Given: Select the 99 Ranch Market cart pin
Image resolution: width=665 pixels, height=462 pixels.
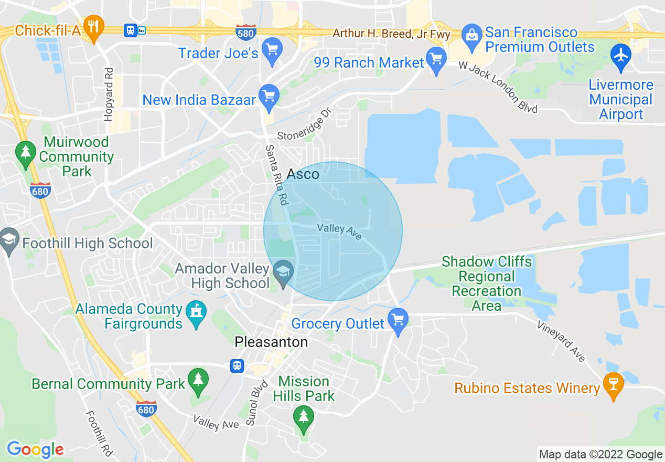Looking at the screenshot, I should tap(436, 60).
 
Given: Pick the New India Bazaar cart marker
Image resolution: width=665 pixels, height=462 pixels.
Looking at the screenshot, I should tap(270, 96).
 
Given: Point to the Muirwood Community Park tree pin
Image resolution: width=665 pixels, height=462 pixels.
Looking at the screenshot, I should tap(25, 153).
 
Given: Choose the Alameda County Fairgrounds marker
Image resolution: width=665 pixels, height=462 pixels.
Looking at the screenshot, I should tap(197, 313).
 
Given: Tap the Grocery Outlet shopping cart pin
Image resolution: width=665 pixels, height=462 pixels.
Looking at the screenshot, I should tap(398, 320).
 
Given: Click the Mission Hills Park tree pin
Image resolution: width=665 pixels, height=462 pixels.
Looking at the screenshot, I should tap(303, 418).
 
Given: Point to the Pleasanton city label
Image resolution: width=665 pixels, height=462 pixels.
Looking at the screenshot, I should tap(271, 342).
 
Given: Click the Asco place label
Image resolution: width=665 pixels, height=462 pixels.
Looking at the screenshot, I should tap(303, 174).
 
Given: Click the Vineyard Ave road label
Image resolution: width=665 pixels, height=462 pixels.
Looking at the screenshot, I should tap(561, 341).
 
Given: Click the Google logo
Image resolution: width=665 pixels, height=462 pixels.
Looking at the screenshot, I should tap(35, 449).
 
